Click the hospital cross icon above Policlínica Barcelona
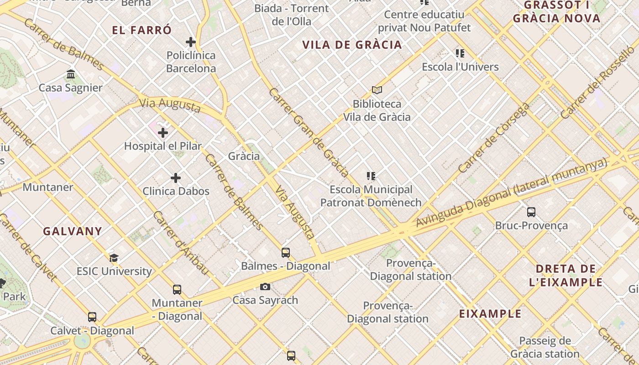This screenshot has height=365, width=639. (x=191, y=42)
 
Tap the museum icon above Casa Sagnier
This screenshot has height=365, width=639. (x=71, y=74)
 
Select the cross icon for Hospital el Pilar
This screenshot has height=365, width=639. (x=163, y=133)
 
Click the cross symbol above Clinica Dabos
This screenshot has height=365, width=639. (x=176, y=177)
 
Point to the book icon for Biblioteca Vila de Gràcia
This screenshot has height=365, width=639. (x=377, y=90)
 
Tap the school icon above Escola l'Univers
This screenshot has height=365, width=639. (x=460, y=53)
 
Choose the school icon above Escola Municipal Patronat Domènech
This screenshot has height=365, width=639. (x=371, y=176)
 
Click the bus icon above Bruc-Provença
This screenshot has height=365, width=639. (x=531, y=212)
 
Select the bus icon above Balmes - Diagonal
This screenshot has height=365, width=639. (x=286, y=252)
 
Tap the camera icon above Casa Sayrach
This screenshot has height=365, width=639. (x=265, y=287)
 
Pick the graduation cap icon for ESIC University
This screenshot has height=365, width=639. (x=114, y=258)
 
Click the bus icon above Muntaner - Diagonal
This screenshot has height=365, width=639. (x=177, y=289)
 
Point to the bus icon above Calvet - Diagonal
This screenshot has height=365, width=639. (x=92, y=317)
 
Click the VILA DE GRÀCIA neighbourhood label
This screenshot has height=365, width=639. (x=352, y=45)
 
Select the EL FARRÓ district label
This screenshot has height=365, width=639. (x=142, y=31)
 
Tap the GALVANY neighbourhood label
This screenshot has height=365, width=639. (x=73, y=231)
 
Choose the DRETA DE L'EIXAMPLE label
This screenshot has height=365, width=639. (x=566, y=275)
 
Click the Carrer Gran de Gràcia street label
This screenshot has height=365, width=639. (x=309, y=132)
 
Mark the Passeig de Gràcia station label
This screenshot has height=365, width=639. (x=545, y=347)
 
